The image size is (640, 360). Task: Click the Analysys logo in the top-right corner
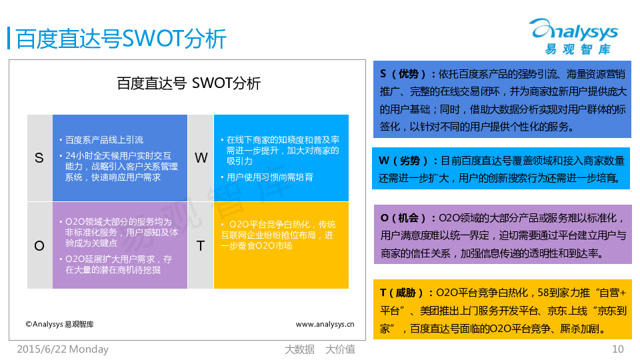tap(575, 36)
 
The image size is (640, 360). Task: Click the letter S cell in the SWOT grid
tap(39, 158)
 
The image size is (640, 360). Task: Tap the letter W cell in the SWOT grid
tap(201, 158)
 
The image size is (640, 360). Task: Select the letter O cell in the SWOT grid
tap(39, 245)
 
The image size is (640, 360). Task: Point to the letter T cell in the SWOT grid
tap(201, 245)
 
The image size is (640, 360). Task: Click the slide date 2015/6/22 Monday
tap(63, 349)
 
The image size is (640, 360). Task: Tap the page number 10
tap(617, 349)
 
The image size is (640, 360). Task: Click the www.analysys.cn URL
tap(325, 325)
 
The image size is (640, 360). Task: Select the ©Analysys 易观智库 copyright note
tap(59, 325)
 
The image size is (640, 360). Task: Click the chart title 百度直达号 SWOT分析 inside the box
tap(189, 83)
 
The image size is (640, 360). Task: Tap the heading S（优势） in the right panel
tap(403, 74)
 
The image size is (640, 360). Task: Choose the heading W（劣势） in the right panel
tap(403, 161)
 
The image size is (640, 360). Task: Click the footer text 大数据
tap(299, 349)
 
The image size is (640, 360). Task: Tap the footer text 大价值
tap(340, 349)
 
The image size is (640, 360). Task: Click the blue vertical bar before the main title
tap(9, 39)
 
